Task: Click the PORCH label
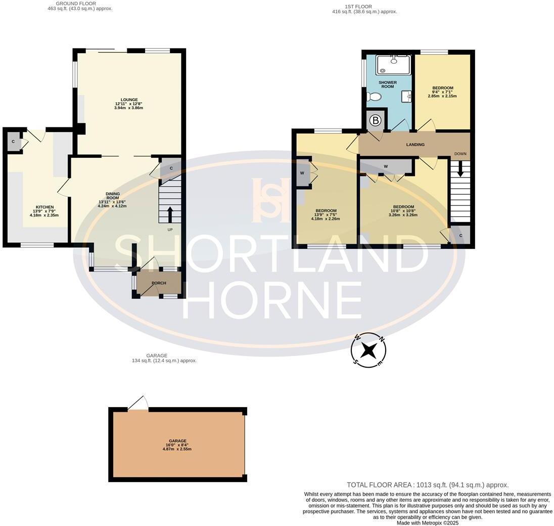pyautogui.click(x=159, y=283)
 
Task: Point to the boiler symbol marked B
pyautogui.click(x=376, y=120)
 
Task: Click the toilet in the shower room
pyautogui.click(x=374, y=96)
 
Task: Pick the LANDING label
pyautogui.click(x=415, y=145)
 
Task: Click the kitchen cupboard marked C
pyautogui.click(x=13, y=142)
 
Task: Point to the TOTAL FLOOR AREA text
pyautogui.click(x=427, y=485)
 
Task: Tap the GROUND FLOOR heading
pyautogui.click(x=76, y=4)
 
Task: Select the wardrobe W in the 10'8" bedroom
pyautogui.click(x=386, y=166)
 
